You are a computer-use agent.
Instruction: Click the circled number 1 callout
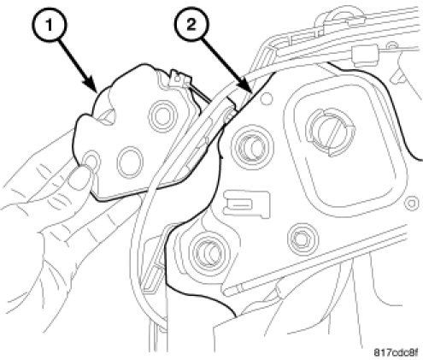[49, 25]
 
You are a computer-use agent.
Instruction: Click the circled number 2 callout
[191, 25]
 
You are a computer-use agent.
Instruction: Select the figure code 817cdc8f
[396, 352]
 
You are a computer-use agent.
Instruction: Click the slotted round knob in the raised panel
[331, 132]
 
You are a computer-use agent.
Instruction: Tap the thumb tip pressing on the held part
[79, 177]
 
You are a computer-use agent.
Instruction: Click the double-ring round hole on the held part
[162, 116]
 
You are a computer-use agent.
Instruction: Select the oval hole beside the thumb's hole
[130, 162]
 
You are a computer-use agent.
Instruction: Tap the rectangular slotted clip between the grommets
[247, 204]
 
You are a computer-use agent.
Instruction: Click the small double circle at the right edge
[411, 204]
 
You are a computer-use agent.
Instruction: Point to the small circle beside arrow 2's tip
[267, 97]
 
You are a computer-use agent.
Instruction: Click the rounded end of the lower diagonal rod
[226, 291]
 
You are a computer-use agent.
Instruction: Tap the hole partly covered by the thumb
[91, 160]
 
